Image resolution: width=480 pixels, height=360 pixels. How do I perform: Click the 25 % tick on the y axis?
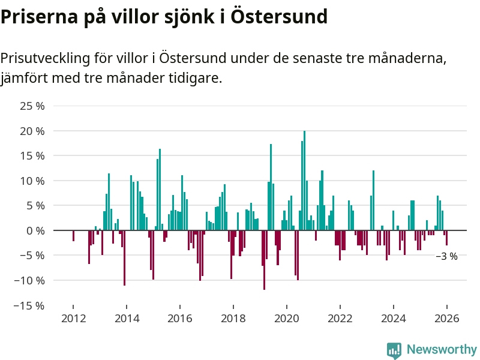tap(32, 106)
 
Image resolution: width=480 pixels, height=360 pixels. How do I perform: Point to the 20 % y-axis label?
tap(32, 131)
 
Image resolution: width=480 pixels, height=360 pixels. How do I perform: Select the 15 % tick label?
tap(32, 156)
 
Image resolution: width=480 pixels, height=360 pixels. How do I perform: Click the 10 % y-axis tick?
tap(32, 181)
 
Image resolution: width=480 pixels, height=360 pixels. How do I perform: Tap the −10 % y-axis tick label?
tap(29, 280)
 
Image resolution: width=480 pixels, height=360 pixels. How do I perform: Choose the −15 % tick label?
tap(29, 305)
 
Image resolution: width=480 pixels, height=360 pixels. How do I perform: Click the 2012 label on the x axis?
tap(73, 319)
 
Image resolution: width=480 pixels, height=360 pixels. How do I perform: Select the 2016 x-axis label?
tap(179, 319)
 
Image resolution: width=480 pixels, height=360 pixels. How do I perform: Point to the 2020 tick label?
tap(286, 319)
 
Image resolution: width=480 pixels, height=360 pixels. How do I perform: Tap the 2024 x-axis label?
tap(393, 319)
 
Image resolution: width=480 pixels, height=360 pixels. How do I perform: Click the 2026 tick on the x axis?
tap(446, 319)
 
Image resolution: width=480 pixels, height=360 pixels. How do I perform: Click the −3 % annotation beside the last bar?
tap(446, 256)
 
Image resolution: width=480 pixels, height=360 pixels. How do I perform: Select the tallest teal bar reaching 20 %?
tap(304, 180)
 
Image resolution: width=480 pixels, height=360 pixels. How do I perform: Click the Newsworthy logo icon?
tap(394, 350)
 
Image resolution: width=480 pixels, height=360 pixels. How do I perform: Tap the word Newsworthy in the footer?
tap(442, 349)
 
